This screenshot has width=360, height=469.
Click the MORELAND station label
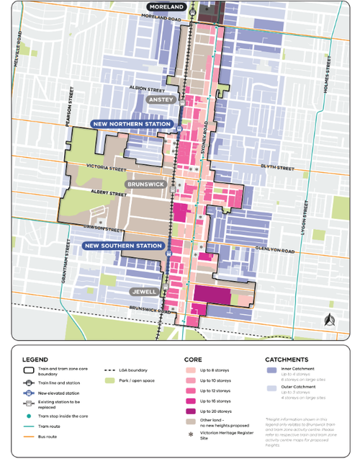(167, 7)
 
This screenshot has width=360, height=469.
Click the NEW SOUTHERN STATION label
(122, 246)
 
